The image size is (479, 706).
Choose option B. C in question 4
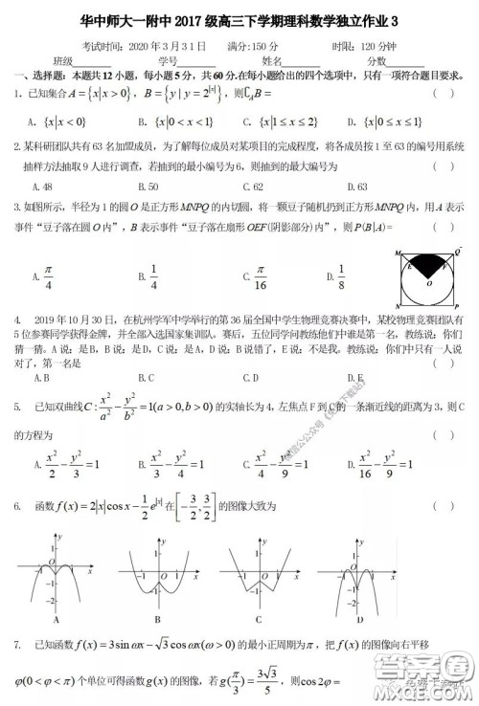pyautogui.click(x=147, y=377)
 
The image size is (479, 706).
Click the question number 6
pyautogui.click(x=17, y=505)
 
